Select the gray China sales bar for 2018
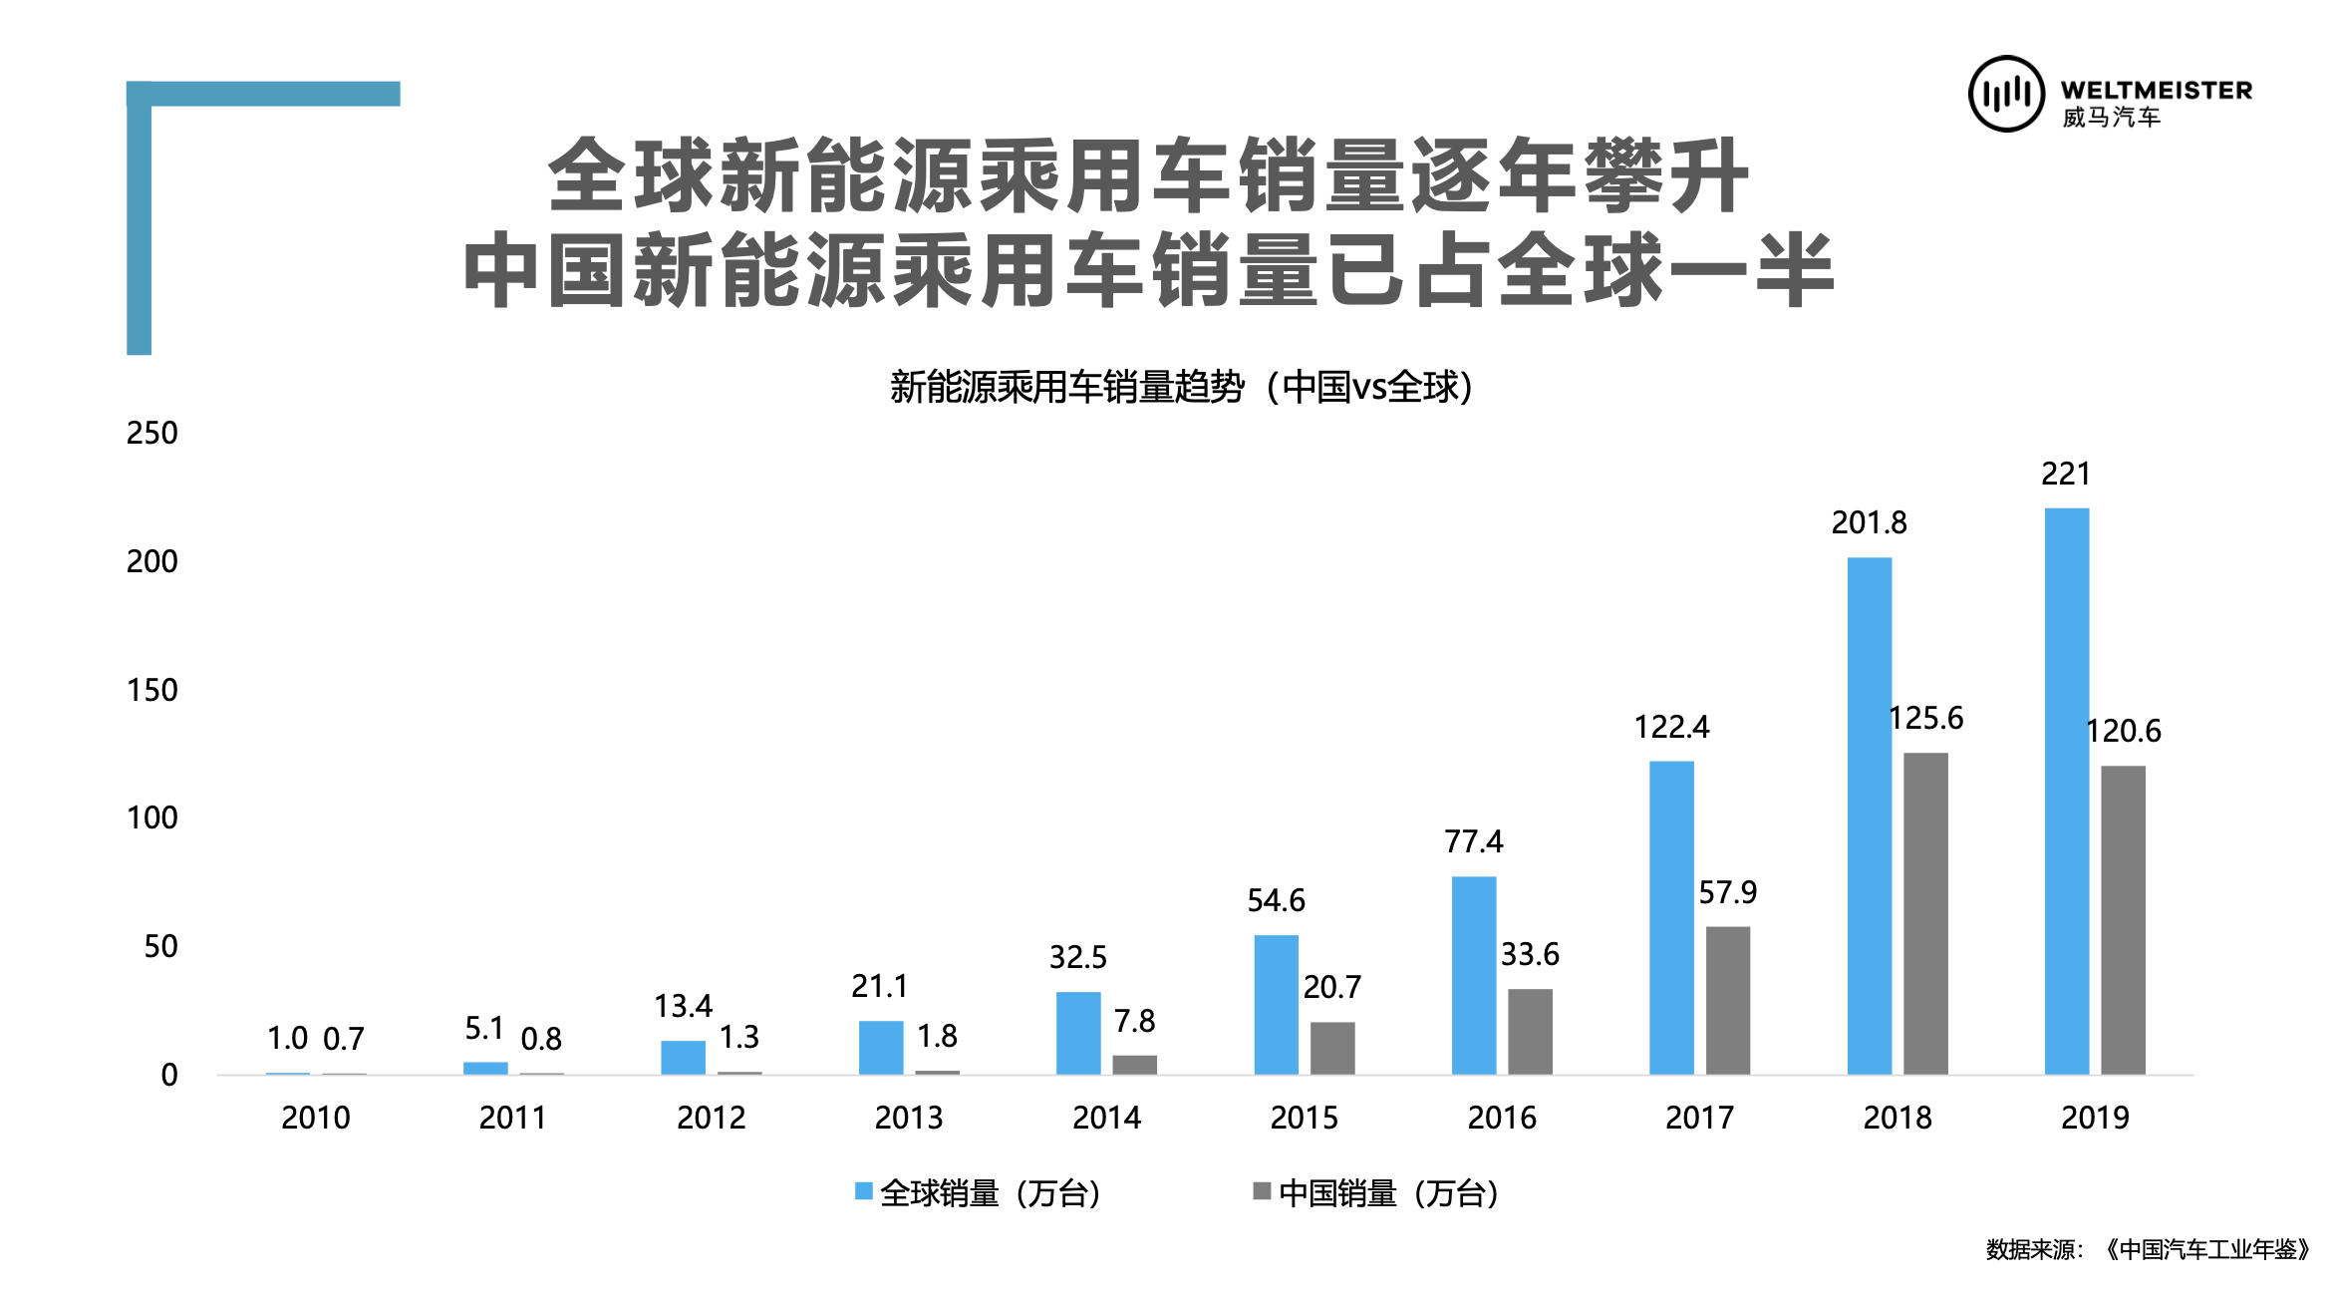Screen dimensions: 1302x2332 pyautogui.click(x=1925, y=913)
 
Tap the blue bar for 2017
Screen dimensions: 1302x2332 pyautogui.click(x=1671, y=917)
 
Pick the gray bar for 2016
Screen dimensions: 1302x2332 pyautogui.click(x=1530, y=1031)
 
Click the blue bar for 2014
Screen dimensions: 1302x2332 pyautogui.click(x=1078, y=1033)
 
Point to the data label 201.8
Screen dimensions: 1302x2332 pyautogui.click(x=1869, y=522)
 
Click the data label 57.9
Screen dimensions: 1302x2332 pyautogui.click(x=1727, y=892)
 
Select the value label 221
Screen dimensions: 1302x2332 pyautogui.click(x=2065, y=474)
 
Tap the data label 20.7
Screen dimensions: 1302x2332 pyautogui.click(x=1331, y=987)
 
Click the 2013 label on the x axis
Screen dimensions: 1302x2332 pyautogui.click(x=908, y=1118)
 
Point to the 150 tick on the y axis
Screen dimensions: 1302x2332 pyautogui.click(x=152, y=690)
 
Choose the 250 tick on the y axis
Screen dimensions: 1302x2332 pyautogui.click(x=152, y=433)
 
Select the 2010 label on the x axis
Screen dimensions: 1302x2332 pyautogui.click(x=315, y=1118)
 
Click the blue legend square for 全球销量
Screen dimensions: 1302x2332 pyautogui.click(x=864, y=1191)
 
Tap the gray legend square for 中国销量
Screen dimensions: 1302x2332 pyautogui.click(x=1262, y=1191)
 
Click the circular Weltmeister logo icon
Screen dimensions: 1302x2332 pyautogui.click(x=2006, y=94)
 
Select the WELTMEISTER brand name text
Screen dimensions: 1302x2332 pyautogui.click(x=2156, y=91)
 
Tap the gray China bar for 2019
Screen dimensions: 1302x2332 pyautogui.click(x=2123, y=919)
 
